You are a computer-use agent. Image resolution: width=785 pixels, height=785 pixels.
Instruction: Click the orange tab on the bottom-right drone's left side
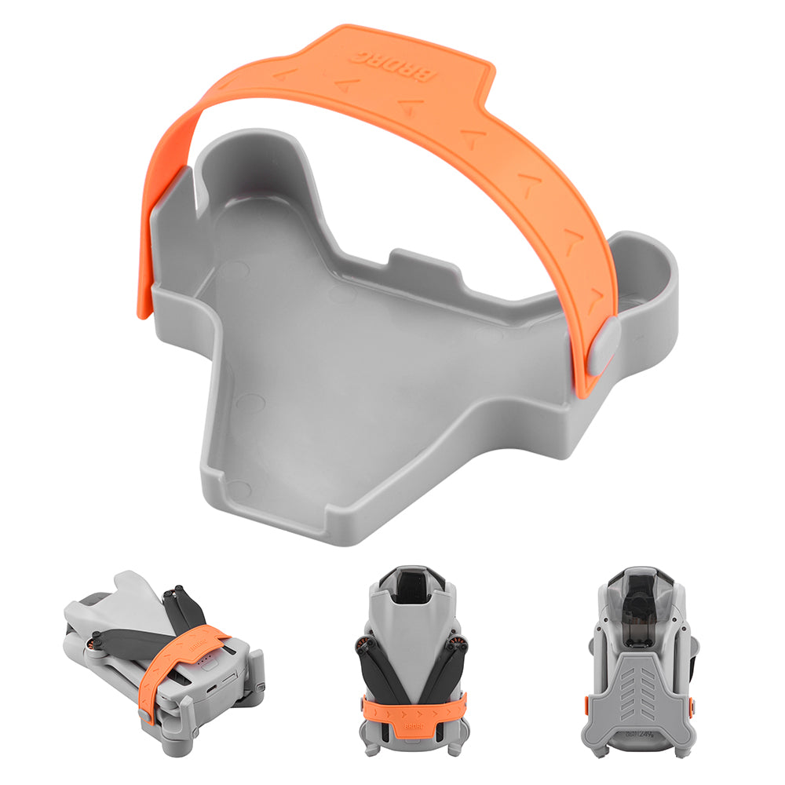click(x=587, y=703)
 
